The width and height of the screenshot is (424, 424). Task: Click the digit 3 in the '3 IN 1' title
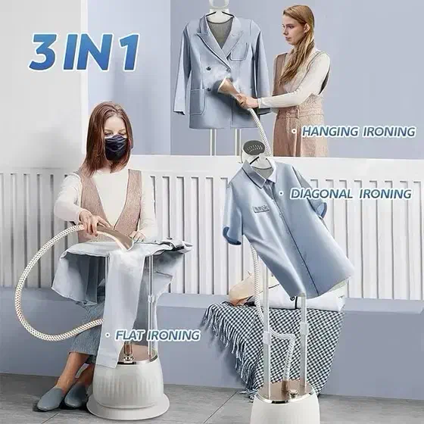coord(44,51)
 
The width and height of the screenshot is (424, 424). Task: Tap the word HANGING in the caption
coord(330,132)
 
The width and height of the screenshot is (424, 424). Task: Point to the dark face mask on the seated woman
coord(117,148)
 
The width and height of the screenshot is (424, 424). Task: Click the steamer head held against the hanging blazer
coord(226,87)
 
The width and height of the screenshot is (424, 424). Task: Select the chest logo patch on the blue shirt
coord(261,208)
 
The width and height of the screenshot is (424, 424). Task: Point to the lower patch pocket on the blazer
coord(197,102)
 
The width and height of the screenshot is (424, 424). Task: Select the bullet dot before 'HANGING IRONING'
coord(294,132)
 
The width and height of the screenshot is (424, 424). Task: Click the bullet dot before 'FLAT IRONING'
coord(108,335)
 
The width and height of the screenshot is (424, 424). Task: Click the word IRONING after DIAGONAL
coord(385,194)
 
